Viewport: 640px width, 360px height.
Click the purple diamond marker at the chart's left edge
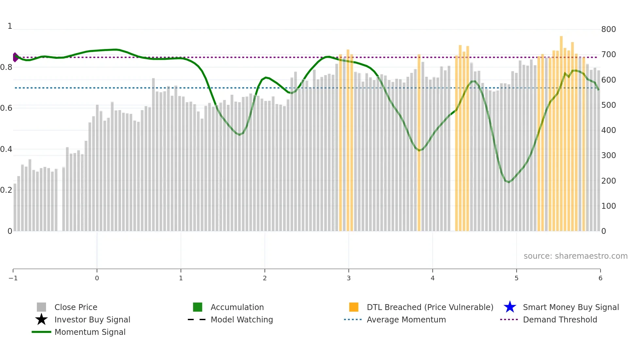coord(15,57)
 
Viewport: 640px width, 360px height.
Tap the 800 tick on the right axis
coord(608,29)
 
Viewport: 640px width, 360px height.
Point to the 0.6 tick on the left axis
coord(6,108)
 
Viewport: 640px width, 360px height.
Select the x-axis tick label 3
coord(348,278)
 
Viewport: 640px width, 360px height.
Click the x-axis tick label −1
coord(13,278)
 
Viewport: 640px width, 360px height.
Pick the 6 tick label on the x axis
coord(600,278)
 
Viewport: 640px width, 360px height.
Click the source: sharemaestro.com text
coord(575,256)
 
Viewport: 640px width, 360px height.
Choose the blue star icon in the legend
coord(510,307)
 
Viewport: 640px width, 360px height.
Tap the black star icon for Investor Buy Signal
coord(41,319)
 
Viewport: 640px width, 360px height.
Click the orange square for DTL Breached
coord(354,307)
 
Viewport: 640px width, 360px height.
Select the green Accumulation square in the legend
coord(198,307)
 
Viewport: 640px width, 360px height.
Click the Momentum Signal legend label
coord(90,332)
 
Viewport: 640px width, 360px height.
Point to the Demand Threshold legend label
coord(560,319)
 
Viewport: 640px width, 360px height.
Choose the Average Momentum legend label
coord(406,319)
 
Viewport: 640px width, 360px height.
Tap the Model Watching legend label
coord(242,319)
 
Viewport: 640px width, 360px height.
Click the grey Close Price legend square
coord(41,307)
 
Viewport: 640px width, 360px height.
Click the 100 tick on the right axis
coord(608,206)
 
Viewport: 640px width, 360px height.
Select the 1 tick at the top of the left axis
coord(10,26)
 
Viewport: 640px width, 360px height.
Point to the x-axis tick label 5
coord(516,278)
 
